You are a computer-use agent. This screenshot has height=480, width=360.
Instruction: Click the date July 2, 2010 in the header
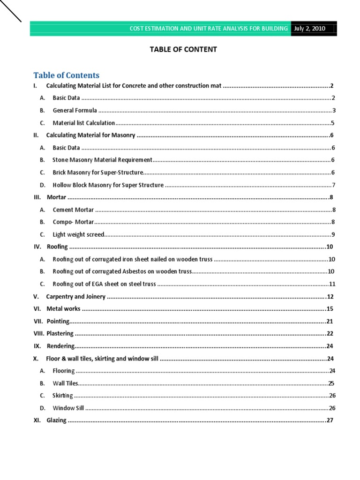309,29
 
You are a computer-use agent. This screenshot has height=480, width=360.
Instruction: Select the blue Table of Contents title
66,75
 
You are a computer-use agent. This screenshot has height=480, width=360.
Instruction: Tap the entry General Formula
75,111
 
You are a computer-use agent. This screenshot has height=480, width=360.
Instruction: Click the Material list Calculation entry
83,123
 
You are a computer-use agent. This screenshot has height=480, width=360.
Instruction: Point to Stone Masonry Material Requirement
102,160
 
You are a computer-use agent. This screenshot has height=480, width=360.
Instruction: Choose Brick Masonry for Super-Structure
97,172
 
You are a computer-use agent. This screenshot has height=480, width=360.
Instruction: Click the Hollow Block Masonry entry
108,185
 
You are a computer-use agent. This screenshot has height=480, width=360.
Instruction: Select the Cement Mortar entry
73,210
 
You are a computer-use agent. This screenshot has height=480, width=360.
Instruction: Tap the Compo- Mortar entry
73,222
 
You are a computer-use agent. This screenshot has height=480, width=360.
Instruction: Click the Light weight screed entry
78,234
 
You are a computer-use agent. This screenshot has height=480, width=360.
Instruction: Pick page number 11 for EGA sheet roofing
332,284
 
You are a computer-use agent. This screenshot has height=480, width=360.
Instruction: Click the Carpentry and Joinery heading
75,297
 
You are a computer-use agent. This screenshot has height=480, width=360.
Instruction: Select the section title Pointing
58,321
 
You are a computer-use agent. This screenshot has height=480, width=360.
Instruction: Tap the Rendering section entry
60,346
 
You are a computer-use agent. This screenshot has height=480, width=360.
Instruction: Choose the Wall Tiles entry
65,383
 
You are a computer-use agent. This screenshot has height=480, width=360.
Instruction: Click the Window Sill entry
68,408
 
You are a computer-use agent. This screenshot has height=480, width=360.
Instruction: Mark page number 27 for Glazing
330,420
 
